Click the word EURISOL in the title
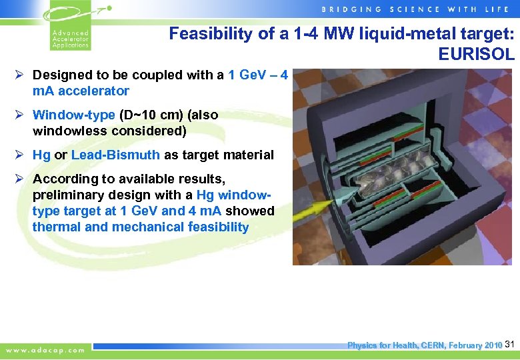477,54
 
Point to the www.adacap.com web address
45,349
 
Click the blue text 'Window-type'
73,115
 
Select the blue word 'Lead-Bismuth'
115,155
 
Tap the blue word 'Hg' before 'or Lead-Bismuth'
41,155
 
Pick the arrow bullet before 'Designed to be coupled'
20,75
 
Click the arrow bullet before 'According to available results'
20,179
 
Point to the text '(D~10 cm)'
150,115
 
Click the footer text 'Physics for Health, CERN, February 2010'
425,345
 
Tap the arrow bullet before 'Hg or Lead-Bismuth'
20,155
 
